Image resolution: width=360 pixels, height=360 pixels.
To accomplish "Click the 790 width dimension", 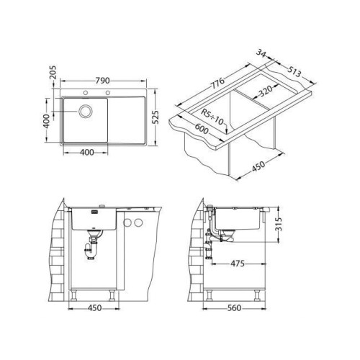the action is click(103, 81).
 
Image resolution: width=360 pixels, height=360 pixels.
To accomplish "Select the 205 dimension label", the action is click(53, 72).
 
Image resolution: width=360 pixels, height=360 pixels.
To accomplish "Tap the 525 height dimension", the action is click(156, 117).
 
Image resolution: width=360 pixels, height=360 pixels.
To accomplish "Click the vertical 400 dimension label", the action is click(47, 121).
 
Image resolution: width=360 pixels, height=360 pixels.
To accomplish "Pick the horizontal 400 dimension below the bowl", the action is click(86, 153).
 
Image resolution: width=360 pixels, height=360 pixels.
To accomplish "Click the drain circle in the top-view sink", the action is click(86, 111).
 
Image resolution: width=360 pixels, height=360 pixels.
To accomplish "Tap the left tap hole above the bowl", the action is click(85, 93).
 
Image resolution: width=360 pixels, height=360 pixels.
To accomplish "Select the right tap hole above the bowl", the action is click(108, 93).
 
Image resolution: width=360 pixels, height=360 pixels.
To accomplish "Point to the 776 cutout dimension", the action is click(217, 83).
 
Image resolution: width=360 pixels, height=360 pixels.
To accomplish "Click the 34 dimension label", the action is click(261, 53).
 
